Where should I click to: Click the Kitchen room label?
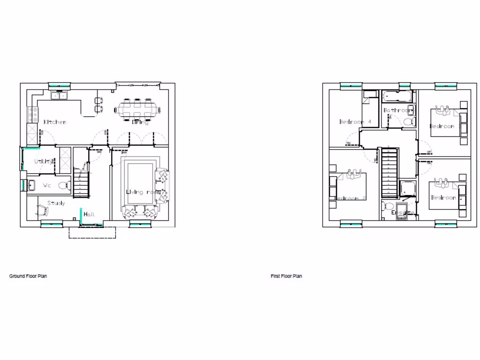(x=55, y=122)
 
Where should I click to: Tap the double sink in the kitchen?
(x=60, y=96)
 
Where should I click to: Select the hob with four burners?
(x=34, y=112)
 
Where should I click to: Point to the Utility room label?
(x=44, y=161)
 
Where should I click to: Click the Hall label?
(x=89, y=214)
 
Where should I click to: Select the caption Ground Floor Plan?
(x=28, y=276)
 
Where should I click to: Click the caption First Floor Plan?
(x=286, y=276)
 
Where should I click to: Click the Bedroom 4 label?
(x=355, y=122)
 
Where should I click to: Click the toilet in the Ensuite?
(x=388, y=207)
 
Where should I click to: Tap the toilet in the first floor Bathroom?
(x=407, y=122)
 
